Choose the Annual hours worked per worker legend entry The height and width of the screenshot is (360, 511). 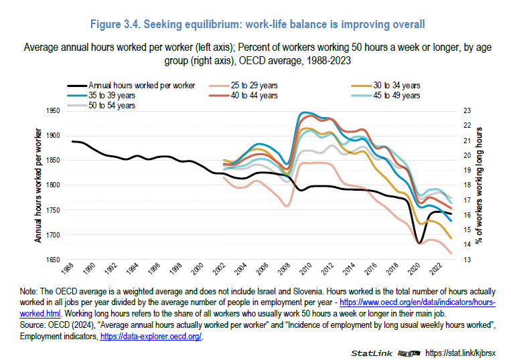click(x=141, y=86)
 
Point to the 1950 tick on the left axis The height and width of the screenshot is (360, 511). click(x=52, y=110)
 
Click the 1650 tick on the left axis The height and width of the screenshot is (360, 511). click(x=52, y=260)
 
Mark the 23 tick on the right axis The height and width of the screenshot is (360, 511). click(x=467, y=110)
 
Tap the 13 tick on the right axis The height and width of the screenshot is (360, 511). click(x=467, y=260)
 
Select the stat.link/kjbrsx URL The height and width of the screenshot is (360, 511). click(x=462, y=352)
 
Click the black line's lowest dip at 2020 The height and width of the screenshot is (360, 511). click(x=420, y=243)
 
